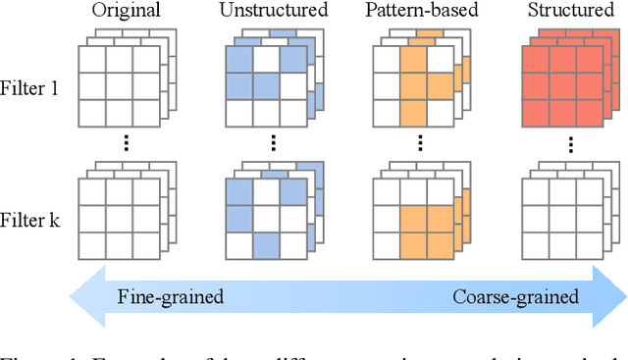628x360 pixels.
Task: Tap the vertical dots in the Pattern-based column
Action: click(421, 143)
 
